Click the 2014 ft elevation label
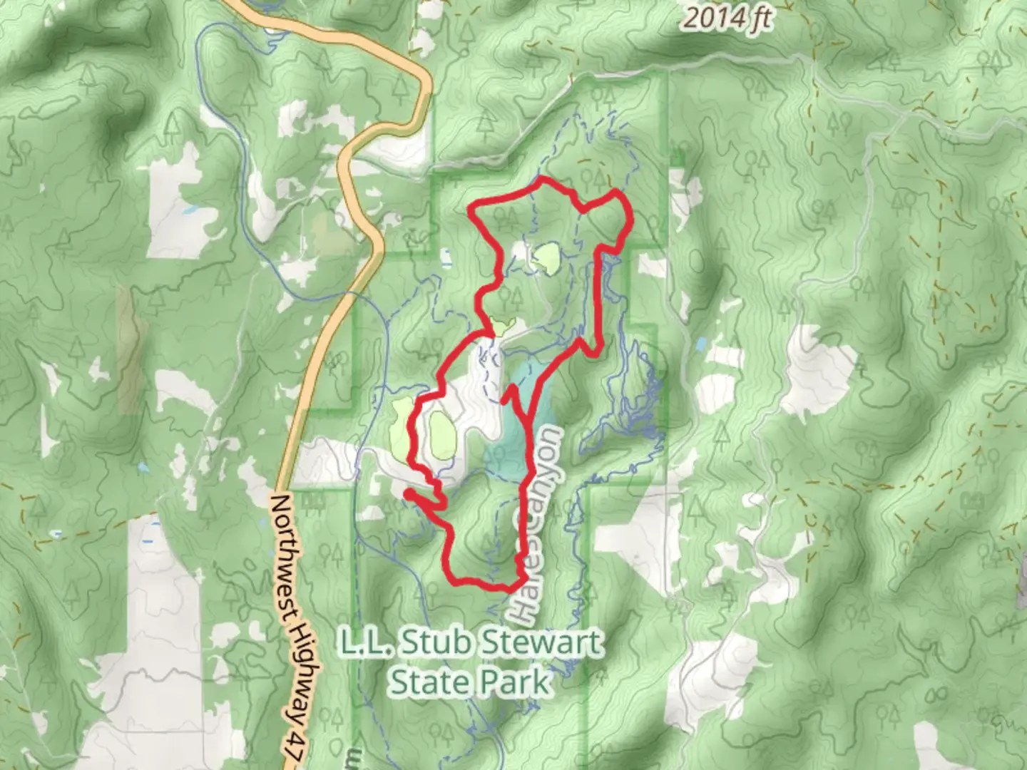[725, 18]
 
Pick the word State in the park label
[428, 682]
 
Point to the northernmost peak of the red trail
[542, 178]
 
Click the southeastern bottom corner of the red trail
[515, 586]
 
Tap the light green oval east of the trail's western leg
[442, 435]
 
